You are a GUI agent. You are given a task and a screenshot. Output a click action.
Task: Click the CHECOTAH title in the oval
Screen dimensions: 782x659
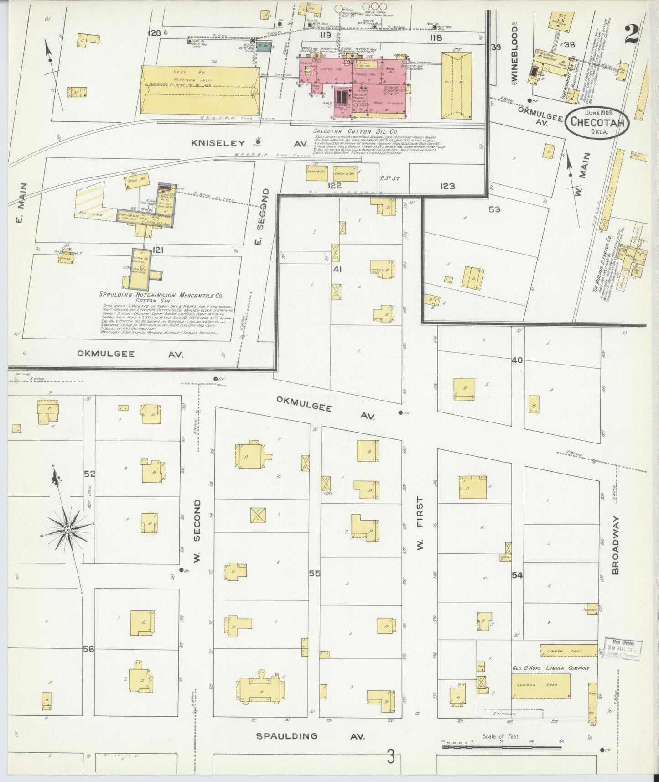point(597,122)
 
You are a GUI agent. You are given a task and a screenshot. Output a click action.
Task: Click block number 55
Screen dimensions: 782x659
point(315,573)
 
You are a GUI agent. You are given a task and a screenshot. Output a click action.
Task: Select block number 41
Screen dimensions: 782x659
point(337,270)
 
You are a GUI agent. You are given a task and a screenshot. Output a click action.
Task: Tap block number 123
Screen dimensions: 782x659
point(447,186)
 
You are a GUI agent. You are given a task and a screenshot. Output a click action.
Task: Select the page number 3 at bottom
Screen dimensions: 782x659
point(390,758)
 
